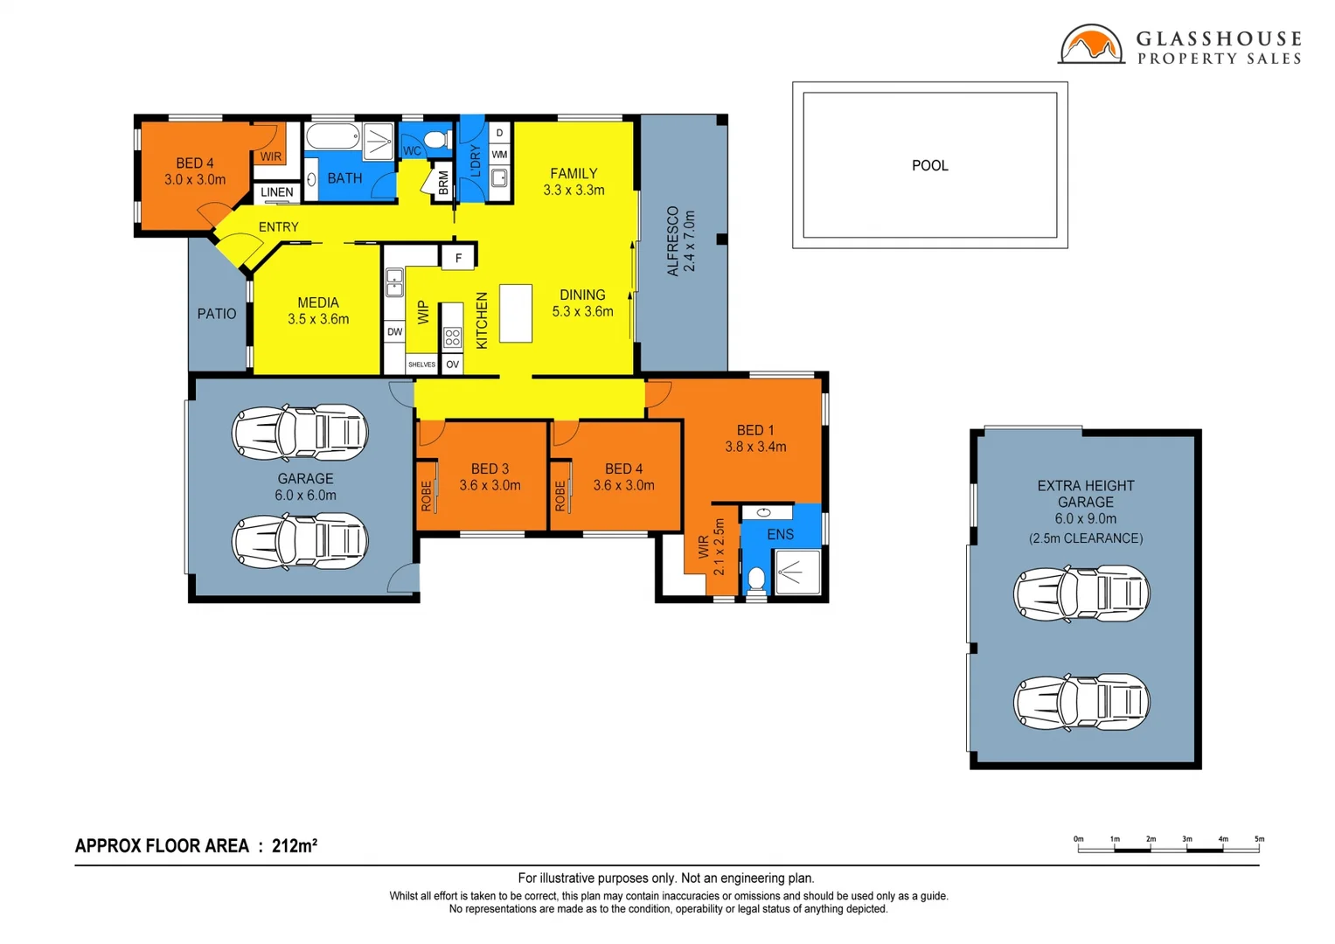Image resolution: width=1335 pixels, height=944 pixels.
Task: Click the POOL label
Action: (x=929, y=165)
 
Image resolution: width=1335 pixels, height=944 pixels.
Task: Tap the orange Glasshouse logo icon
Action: (x=1091, y=45)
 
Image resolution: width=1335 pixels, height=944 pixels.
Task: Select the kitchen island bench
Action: (x=516, y=313)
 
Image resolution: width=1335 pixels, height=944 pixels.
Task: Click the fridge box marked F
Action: (x=458, y=258)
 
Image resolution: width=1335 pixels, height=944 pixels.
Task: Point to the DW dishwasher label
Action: (x=394, y=332)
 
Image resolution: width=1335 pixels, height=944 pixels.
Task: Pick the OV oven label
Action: (x=452, y=364)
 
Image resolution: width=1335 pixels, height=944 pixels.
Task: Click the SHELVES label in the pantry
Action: (x=421, y=364)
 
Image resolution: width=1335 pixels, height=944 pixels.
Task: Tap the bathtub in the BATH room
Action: (x=333, y=137)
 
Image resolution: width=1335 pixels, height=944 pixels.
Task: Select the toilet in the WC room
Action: (x=435, y=140)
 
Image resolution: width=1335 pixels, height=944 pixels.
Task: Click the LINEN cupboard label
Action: (x=277, y=192)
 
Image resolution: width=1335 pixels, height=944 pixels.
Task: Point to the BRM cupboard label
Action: (x=443, y=183)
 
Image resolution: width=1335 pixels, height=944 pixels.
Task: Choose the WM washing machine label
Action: (x=499, y=155)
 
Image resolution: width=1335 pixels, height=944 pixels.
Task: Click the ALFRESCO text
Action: (x=672, y=241)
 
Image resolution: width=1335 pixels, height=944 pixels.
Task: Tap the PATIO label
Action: (x=217, y=314)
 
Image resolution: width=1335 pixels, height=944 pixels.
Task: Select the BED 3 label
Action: (x=490, y=469)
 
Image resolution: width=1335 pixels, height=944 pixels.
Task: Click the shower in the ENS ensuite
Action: (x=797, y=573)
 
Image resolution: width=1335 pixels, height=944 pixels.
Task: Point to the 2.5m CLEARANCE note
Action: (x=1085, y=538)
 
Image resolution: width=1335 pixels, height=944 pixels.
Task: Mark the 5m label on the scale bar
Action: (x=1258, y=839)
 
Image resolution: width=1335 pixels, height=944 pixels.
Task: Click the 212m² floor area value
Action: (x=295, y=846)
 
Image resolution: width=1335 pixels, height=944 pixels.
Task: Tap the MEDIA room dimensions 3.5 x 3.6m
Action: (x=318, y=320)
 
